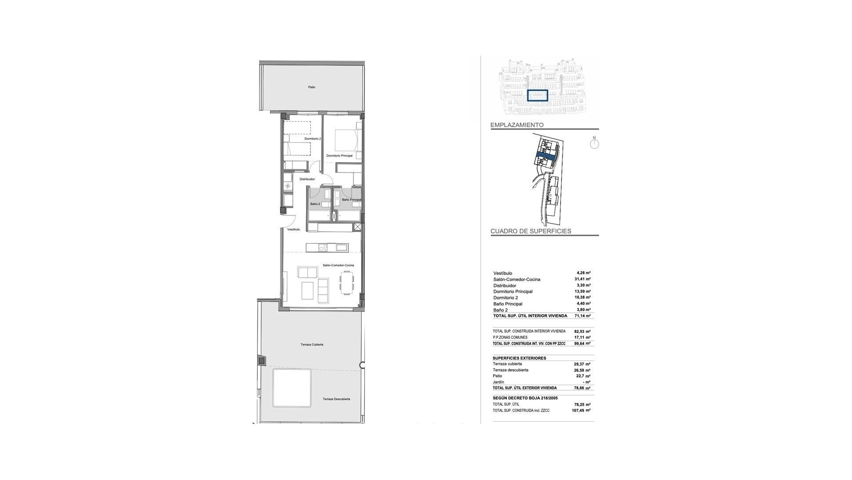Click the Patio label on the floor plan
click(312, 87)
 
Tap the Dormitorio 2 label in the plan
click(312, 139)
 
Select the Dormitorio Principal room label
click(339, 156)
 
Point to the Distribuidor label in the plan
click(307, 179)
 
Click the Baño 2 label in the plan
click(315, 204)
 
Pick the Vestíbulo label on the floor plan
click(293, 229)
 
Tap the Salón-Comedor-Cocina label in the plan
click(338, 265)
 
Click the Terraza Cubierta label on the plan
click(312, 344)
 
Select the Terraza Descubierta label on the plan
click(336, 399)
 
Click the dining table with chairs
click(347, 283)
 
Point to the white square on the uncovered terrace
click(292, 388)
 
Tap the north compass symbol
click(595, 143)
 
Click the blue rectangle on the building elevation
click(537, 96)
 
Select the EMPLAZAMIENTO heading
click(517, 125)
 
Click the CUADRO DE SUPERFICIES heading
click(531, 231)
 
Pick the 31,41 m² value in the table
click(582, 279)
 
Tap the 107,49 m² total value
click(581, 411)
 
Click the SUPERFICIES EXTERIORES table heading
click(519, 358)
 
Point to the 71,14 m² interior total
click(582, 316)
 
